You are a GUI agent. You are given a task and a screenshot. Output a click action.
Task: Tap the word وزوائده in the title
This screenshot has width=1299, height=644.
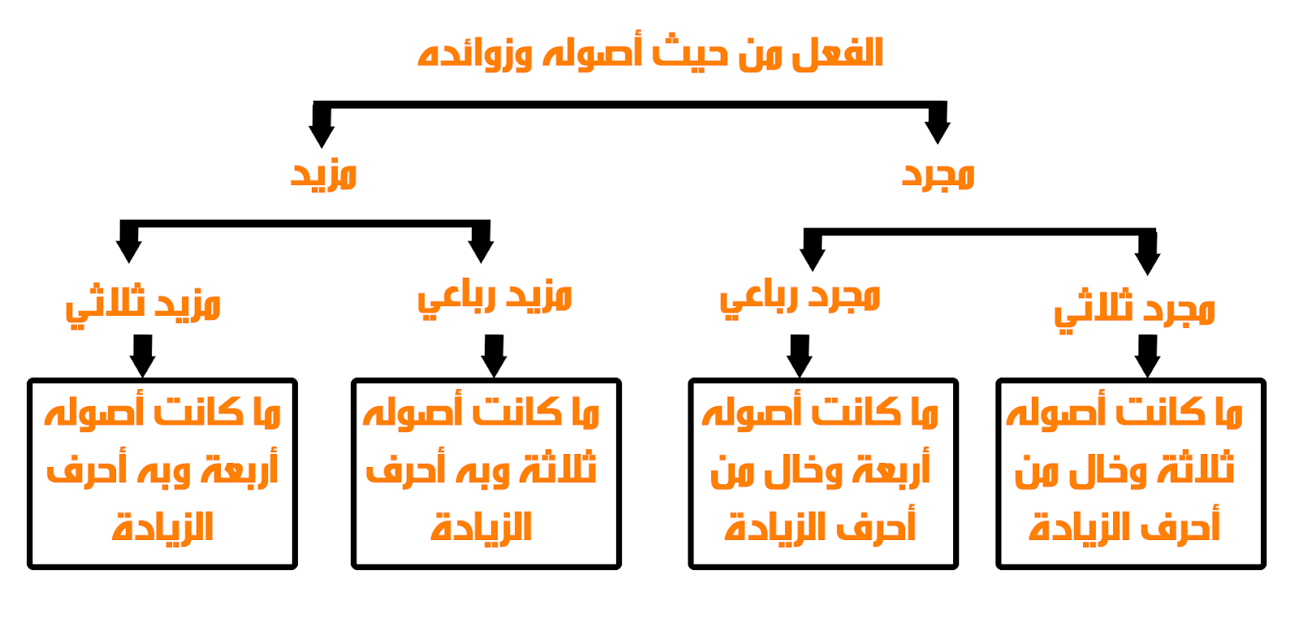click(x=475, y=55)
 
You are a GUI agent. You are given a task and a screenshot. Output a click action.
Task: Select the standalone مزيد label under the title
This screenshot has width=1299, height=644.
click(x=324, y=175)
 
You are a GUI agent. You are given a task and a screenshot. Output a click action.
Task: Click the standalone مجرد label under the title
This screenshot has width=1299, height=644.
click(x=939, y=175)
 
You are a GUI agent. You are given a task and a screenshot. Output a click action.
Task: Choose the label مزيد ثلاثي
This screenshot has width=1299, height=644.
click(x=143, y=305)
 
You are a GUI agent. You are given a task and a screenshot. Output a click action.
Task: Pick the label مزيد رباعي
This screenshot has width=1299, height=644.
click(x=494, y=296)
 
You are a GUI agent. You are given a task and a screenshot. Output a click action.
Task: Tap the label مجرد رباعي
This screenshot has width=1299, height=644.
click(x=800, y=296)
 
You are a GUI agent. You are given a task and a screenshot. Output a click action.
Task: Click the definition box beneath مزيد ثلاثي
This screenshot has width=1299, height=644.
click(x=162, y=473)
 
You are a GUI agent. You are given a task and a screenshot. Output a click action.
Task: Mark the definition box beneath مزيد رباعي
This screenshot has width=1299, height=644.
click(x=486, y=473)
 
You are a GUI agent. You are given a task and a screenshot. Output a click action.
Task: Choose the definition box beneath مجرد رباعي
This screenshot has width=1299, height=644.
click(x=822, y=473)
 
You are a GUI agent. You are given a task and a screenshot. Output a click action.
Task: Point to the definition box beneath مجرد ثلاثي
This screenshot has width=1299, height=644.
click(x=1130, y=473)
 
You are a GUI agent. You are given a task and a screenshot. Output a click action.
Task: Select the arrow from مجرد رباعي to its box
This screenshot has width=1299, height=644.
click(x=800, y=356)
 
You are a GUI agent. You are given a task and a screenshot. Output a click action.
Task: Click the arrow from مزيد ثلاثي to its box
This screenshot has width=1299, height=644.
click(x=143, y=356)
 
